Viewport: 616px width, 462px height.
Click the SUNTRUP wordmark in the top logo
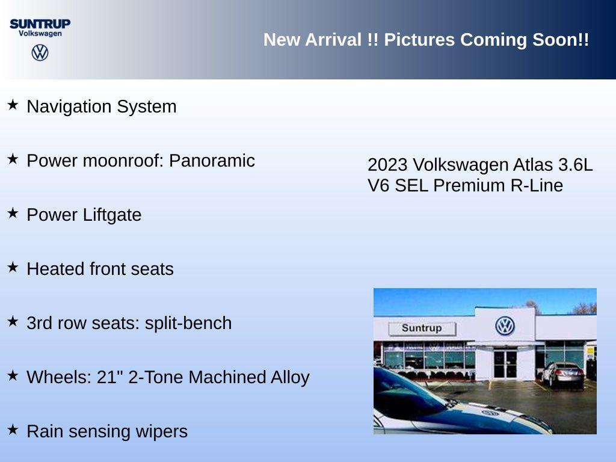(40, 23)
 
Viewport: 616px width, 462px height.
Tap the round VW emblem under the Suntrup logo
(40, 52)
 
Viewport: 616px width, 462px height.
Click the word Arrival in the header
(333, 40)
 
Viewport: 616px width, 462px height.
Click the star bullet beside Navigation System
(13, 105)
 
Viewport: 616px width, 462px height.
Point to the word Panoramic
(212, 161)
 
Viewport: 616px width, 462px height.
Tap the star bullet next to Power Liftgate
(13, 214)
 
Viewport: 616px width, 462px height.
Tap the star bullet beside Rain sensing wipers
(13, 430)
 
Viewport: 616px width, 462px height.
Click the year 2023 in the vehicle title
(387, 165)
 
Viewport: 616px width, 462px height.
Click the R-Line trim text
(537, 185)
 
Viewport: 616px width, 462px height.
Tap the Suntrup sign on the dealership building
(422, 328)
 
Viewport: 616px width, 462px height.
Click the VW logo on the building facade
(505, 326)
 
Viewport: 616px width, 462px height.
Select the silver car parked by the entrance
(562, 374)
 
